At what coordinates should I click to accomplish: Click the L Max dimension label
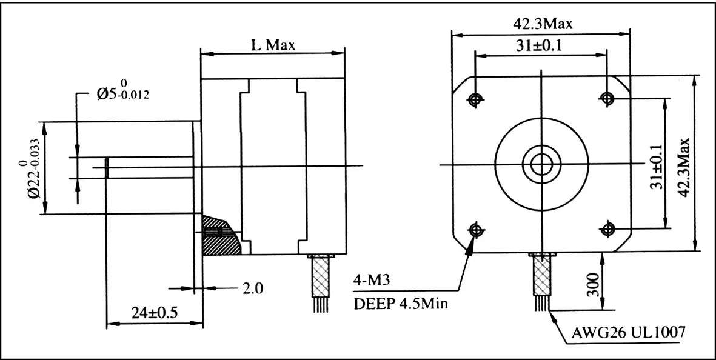click(x=272, y=45)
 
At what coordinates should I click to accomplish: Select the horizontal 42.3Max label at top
click(x=543, y=24)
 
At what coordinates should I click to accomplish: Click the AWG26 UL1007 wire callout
click(x=629, y=332)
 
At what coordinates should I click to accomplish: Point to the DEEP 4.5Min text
click(x=401, y=304)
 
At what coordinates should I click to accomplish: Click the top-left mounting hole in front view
click(x=475, y=98)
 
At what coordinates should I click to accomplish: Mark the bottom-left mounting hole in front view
click(x=475, y=229)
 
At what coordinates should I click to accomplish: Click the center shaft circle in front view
click(x=541, y=164)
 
